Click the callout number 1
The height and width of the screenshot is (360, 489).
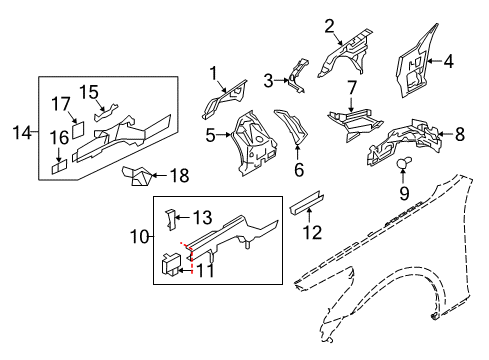213,71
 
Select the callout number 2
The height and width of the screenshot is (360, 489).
329,27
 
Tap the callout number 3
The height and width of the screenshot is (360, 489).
269,80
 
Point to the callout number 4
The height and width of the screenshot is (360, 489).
448,61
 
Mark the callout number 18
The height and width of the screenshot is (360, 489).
179,176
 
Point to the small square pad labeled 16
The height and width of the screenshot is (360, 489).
62,165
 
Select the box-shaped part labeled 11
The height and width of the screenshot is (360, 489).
171,263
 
